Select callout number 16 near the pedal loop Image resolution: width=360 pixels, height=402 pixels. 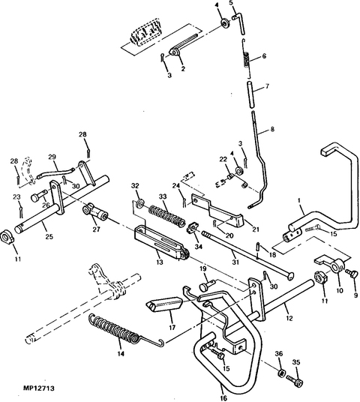point(223,388)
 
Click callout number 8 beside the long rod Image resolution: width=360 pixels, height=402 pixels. point(272,129)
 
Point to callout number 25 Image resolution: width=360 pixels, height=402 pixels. point(49,237)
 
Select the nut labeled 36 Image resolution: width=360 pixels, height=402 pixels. point(280,373)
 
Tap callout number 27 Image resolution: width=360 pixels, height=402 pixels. point(96,231)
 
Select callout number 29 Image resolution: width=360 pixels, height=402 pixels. point(52,157)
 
